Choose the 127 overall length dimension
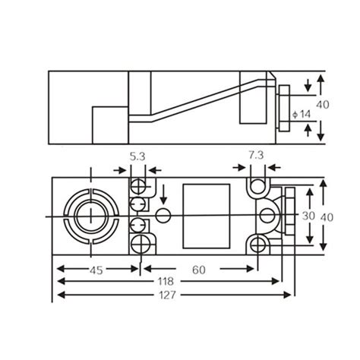tap(165, 295)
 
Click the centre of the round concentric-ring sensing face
tap(90, 215)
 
